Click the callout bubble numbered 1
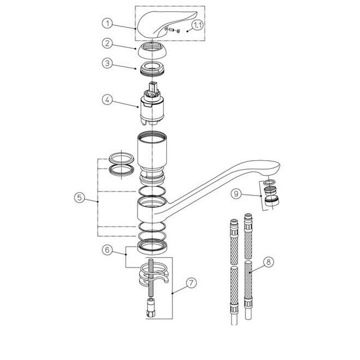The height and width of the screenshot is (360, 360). [107, 23]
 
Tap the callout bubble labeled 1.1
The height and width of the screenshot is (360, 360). [197, 25]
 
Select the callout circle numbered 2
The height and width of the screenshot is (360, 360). [107, 43]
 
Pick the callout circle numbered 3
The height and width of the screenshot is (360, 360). [107, 64]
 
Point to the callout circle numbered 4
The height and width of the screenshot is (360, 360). [107, 100]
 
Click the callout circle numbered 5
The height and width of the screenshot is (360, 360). [79, 197]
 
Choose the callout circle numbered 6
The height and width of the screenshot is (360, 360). [107, 250]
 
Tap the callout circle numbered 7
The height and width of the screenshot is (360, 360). [191, 283]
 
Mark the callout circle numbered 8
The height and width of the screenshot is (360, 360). [269, 262]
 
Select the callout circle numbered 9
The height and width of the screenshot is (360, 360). [236, 194]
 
